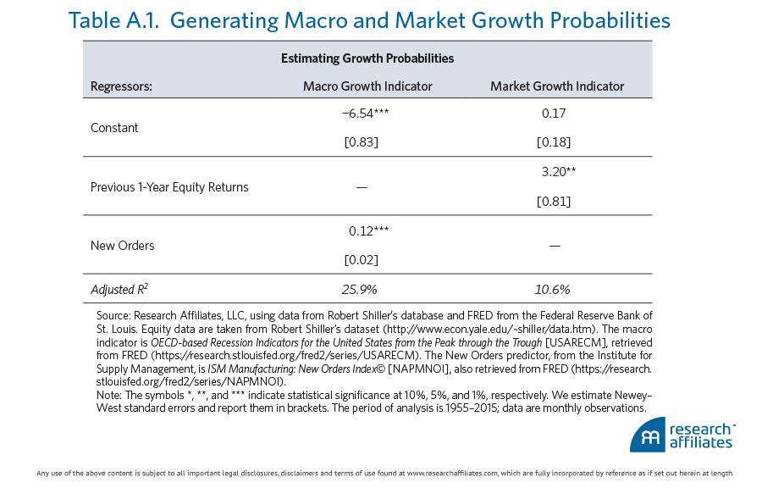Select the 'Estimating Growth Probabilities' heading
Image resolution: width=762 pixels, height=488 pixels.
pos(367,58)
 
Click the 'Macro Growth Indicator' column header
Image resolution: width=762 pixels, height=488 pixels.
pos(367,86)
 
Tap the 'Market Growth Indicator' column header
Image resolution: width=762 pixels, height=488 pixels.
pos(557,86)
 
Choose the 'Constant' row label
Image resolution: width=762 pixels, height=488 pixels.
pos(114,128)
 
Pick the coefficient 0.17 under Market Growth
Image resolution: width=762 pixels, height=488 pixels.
pos(554,113)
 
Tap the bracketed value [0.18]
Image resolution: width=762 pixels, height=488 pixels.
pos(554,141)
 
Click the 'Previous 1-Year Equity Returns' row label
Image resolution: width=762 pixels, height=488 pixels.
pos(169,187)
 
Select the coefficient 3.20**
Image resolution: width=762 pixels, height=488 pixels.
pos(558,172)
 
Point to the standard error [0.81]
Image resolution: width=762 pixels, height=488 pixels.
pos(554,202)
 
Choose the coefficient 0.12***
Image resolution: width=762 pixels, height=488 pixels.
pos(368,230)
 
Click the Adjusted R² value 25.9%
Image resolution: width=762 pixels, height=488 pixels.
pos(361,289)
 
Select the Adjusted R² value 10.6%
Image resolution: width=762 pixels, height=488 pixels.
pos(554,289)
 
